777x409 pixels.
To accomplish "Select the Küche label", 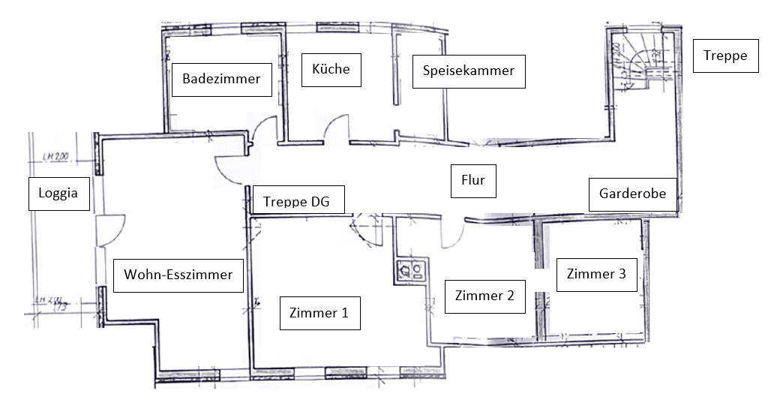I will click(330, 70).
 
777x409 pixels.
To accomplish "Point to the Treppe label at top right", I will click(725, 56).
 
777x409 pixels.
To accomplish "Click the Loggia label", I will click(58, 194).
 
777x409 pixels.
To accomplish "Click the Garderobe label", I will click(632, 194).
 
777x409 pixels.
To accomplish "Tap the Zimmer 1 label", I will click(319, 313).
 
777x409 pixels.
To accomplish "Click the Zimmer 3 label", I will click(596, 275).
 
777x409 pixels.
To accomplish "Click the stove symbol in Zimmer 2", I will click(409, 270).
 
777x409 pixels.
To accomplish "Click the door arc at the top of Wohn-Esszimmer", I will click(228, 170).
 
